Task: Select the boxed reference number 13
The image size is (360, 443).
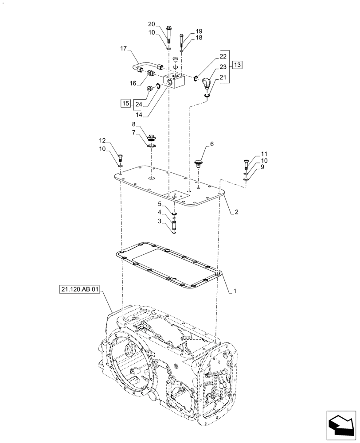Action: pyautogui.click(x=237, y=65)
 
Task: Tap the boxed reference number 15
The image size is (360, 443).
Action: pyautogui.click(x=125, y=104)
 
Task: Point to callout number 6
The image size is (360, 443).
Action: pyautogui.click(x=211, y=144)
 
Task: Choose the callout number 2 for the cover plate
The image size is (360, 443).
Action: pyautogui.click(x=237, y=212)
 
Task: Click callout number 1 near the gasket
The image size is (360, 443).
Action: pyautogui.click(x=235, y=291)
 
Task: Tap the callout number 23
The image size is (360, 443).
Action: pyautogui.click(x=223, y=67)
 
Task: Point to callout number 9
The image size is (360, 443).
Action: pyautogui.click(x=262, y=167)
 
